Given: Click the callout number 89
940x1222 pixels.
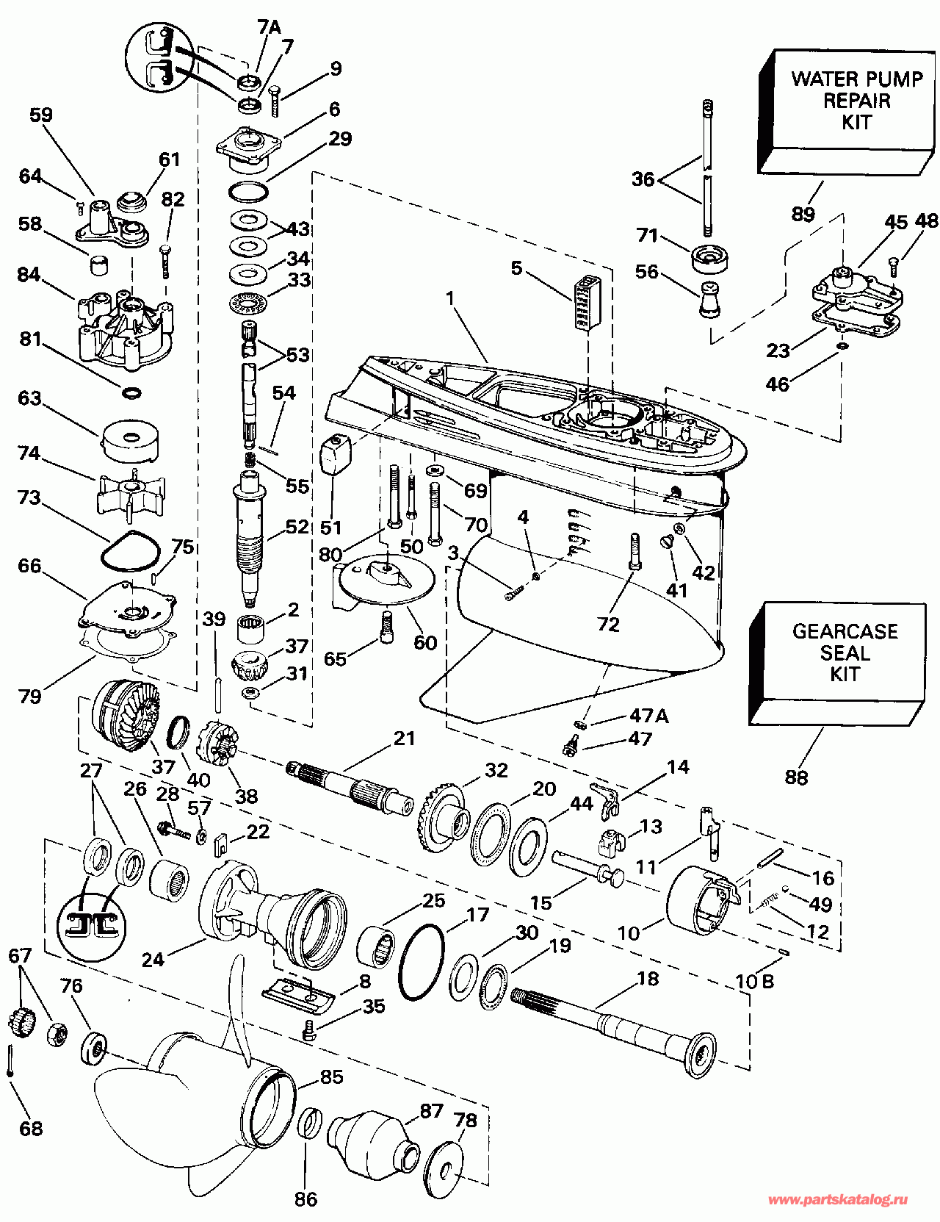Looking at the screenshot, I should click(x=803, y=214).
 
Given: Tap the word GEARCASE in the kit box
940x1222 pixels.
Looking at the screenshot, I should click(x=845, y=631).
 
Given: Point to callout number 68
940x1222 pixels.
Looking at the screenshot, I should click(x=31, y=1128).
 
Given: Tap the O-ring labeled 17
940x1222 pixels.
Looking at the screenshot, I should click(x=422, y=962).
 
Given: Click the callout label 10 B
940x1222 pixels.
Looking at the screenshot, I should click(x=755, y=982).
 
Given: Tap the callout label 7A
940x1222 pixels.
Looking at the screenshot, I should click(x=270, y=28).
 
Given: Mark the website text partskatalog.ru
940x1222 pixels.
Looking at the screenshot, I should click(x=837, y=1200).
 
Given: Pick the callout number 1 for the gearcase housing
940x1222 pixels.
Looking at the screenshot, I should click(x=450, y=298).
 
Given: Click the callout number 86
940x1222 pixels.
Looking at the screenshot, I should click(x=305, y=1199).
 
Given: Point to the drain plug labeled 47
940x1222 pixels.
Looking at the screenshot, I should click(x=568, y=747).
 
